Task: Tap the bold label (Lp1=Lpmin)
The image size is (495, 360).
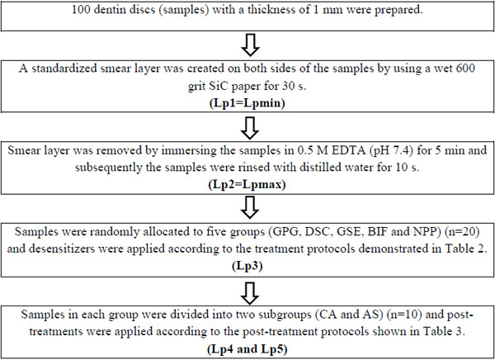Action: coord(247,103)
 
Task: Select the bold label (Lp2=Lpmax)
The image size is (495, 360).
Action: coord(247,184)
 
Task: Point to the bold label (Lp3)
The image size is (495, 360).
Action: coord(247,266)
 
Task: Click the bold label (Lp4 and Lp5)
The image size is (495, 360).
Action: coord(247,349)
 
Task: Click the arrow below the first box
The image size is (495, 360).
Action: coord(250,45)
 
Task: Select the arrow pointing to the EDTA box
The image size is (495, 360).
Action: coord(250,128)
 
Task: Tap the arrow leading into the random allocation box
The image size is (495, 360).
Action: coord(250,207)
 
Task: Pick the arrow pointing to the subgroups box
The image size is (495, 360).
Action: coord(250,293)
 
